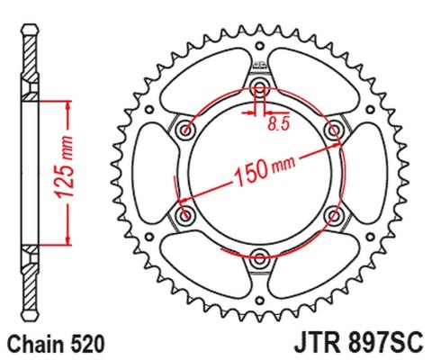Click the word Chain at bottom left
pyautogui.click(x=33, y=343)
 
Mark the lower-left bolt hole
pyautogui.click(x=186, y=216)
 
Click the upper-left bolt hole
pyautogui.click(x=186, y=131)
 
